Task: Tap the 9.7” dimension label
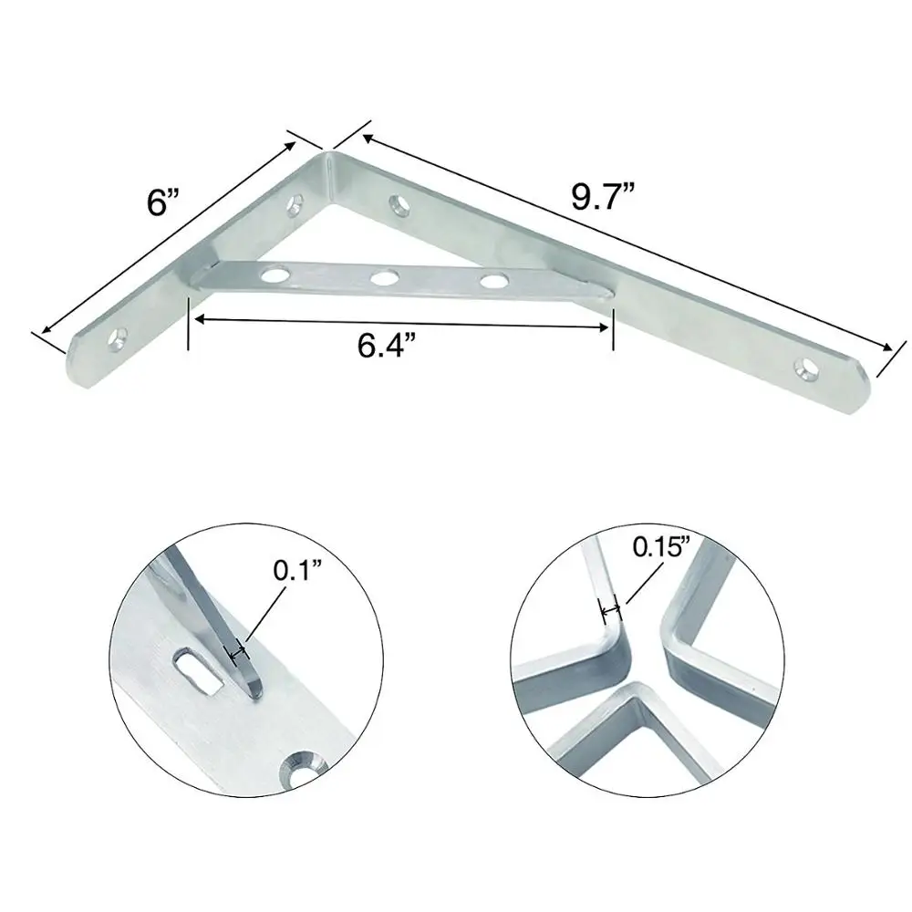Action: click(601, 195)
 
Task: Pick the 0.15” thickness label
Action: click(662, 548)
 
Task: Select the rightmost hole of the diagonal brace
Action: click(493, 280)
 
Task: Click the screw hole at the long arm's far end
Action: click(805, 367)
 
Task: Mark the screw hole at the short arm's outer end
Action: click(117, 338)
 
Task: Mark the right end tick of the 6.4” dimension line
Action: click(612, 327)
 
